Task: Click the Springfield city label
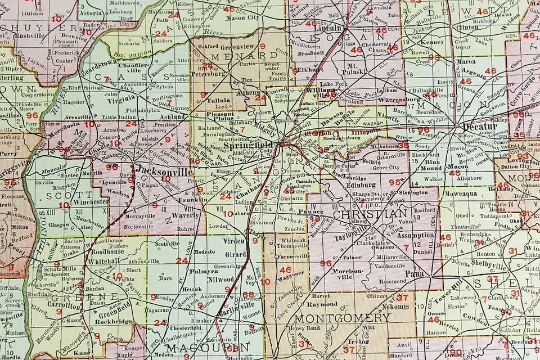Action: click(249, 144)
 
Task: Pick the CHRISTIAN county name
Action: click(370, 214)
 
